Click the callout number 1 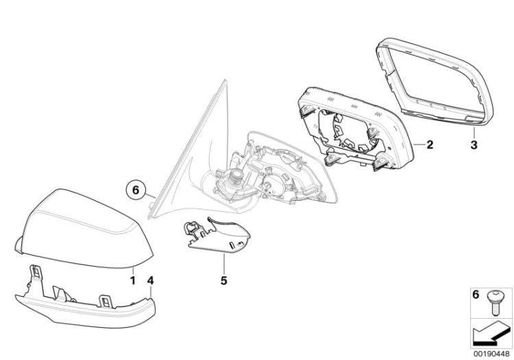(133, 280)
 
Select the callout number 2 (430, 145)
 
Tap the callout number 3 (474, 145)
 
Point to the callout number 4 (151, 280)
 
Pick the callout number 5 (224, 280)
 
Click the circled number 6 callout (136, 190)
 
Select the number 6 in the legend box (476, 295)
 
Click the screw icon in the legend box (494, 303)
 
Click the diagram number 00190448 (491, 354)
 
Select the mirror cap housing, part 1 (84, 228)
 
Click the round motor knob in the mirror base (235, 176)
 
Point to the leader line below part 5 (224, 264)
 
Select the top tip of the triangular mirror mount (225, 80)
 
